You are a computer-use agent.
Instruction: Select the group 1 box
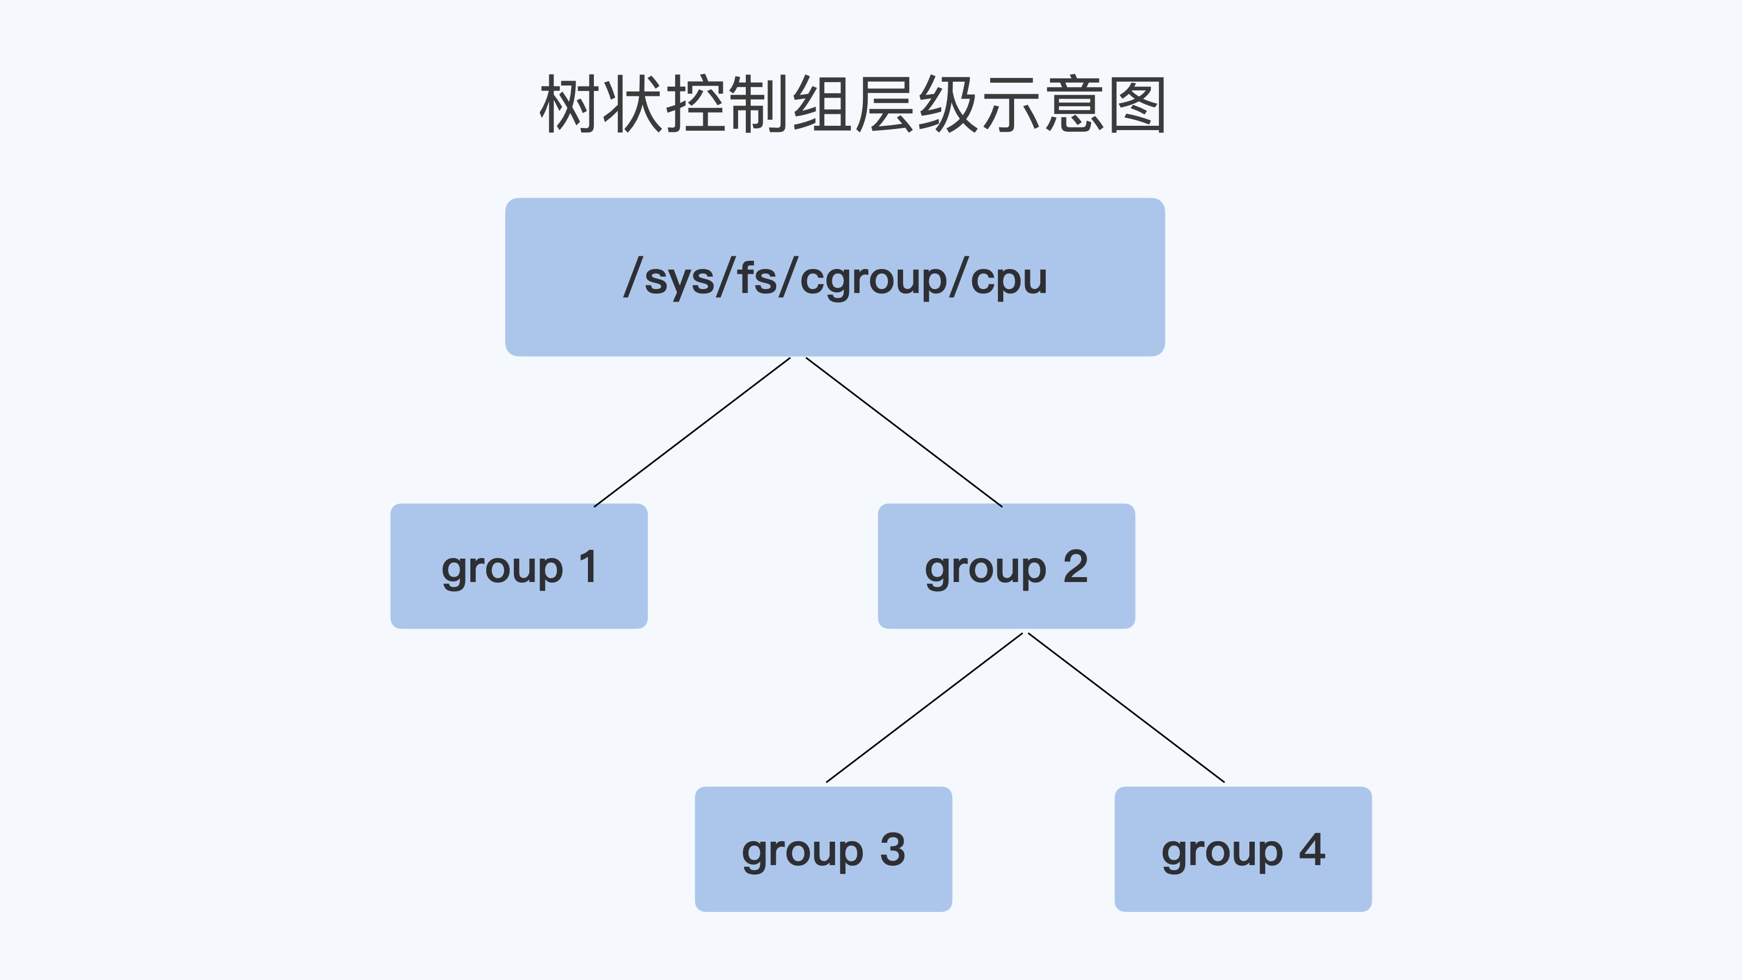tap(519, 609)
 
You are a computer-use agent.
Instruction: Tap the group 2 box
tap(1005, 609)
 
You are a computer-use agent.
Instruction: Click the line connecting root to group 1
tap(692, 432)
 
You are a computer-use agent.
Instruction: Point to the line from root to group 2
tap(904, 432)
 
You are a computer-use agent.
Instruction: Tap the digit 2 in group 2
tap(1075, 566)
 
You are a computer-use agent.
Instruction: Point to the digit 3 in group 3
tap(893, 849)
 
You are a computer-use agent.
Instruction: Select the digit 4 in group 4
tap(1312, 849)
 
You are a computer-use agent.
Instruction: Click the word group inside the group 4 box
tap(1222, 852)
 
